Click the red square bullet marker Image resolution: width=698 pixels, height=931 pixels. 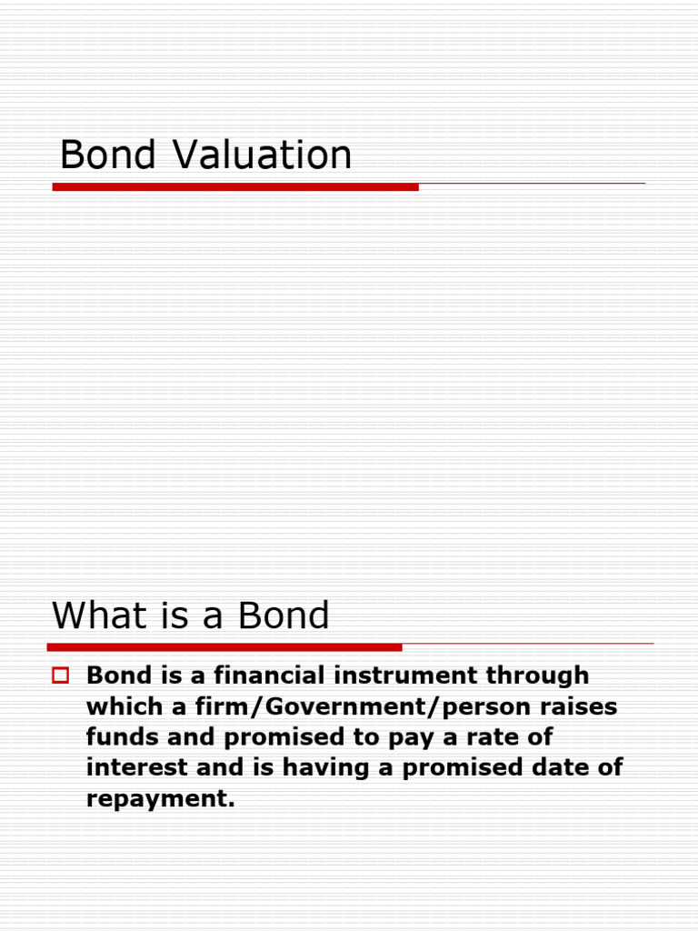[62, 676]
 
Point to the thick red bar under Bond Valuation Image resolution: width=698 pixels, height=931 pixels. [235, 186]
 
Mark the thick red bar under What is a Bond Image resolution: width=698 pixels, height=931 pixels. [224, 647]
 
